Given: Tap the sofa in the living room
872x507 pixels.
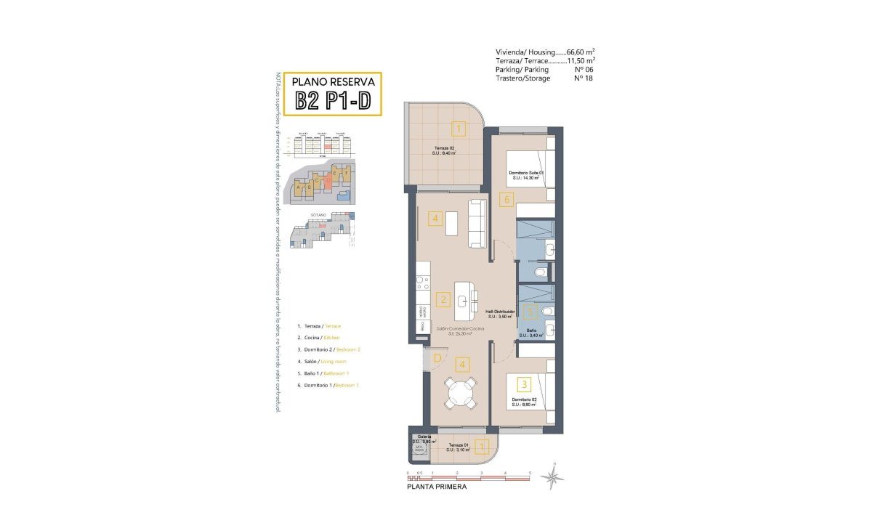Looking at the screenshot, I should point(477,224).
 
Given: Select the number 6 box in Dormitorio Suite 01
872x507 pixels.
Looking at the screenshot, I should point(507,198).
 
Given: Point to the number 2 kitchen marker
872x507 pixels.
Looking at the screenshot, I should point(443,299).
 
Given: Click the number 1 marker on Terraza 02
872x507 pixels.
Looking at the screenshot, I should point(458,130).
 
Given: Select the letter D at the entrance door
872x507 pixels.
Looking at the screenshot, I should point(437,357).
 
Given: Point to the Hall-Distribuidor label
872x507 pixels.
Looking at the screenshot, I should point(500,313).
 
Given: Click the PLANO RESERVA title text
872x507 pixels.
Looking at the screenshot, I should point(332,81).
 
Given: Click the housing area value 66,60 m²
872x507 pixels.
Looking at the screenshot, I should point(581,52).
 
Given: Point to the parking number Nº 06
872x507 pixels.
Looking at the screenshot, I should point(579,70).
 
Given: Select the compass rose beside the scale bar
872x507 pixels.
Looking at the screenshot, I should point(554,476).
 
